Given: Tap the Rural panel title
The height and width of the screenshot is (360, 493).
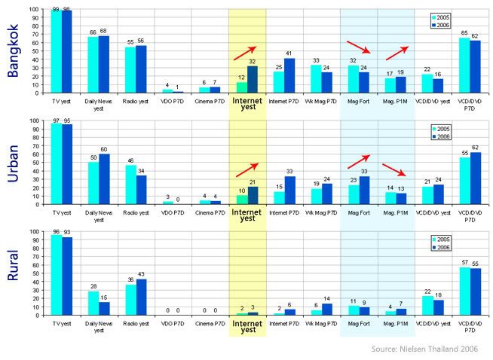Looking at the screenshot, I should point(14,267).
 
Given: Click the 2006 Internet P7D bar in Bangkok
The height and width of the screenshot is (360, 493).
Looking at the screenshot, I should point(289,75).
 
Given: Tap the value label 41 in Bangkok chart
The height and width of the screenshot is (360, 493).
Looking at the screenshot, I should point(289,53).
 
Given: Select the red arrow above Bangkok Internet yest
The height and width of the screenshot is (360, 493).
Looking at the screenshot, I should point(245,52).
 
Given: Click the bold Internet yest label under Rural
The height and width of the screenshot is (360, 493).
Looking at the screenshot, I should point(246,325).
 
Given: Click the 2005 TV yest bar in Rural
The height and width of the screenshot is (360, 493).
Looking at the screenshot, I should point(57,275).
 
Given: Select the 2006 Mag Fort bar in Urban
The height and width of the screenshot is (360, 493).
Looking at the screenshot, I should point(363,190).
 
